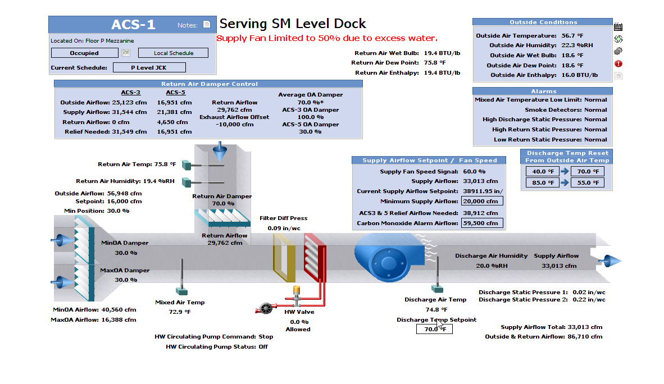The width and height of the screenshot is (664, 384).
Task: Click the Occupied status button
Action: pyautogui.click(x=84, y=53)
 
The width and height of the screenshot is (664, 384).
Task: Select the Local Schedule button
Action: pyautogui.click(x=173, y=53)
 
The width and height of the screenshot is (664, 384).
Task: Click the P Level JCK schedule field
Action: pyautogui.click(x=149, y=68)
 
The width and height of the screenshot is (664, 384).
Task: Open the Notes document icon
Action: pyautogui.click(x=207, y=25)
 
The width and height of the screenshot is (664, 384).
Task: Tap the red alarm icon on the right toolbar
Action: pyautogui.click(x=618, y=63)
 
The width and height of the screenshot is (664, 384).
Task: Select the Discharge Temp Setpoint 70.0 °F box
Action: pyautogui.click(x=434, y=329)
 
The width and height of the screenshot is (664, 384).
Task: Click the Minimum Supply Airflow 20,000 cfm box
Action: pyautogui.click(x=482, y=201)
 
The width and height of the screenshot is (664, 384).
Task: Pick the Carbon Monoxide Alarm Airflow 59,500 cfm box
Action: pyautogui.click(x=482, y=223)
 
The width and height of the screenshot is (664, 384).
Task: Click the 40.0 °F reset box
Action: pyautogui.click(x=543, y=172)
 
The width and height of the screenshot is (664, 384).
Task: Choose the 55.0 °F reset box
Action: pyautogui.click(x=588, y=182)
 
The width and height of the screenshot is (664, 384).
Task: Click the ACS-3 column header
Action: pyautogui.click(x=130, y=93)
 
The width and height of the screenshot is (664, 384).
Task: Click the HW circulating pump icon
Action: pyautogui.click(x=263, y=308)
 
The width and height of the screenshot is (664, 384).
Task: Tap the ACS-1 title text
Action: pyautogui.click(x=133, y=25)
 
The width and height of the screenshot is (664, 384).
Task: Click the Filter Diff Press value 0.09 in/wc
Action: pyautogui.click(x=283, y=228)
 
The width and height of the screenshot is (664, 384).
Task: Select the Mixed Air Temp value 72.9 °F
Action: pyautogui.click(x=180, y=312)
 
